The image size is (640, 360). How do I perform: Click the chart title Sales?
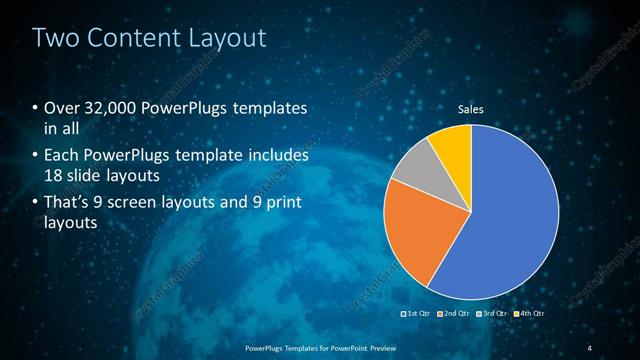[x=471, y=108]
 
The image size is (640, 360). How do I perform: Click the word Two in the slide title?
[x=54, y=39]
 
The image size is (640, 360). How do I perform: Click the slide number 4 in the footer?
[x=590, y=347]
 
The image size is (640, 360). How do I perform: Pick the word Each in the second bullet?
[x=61, y=157]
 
